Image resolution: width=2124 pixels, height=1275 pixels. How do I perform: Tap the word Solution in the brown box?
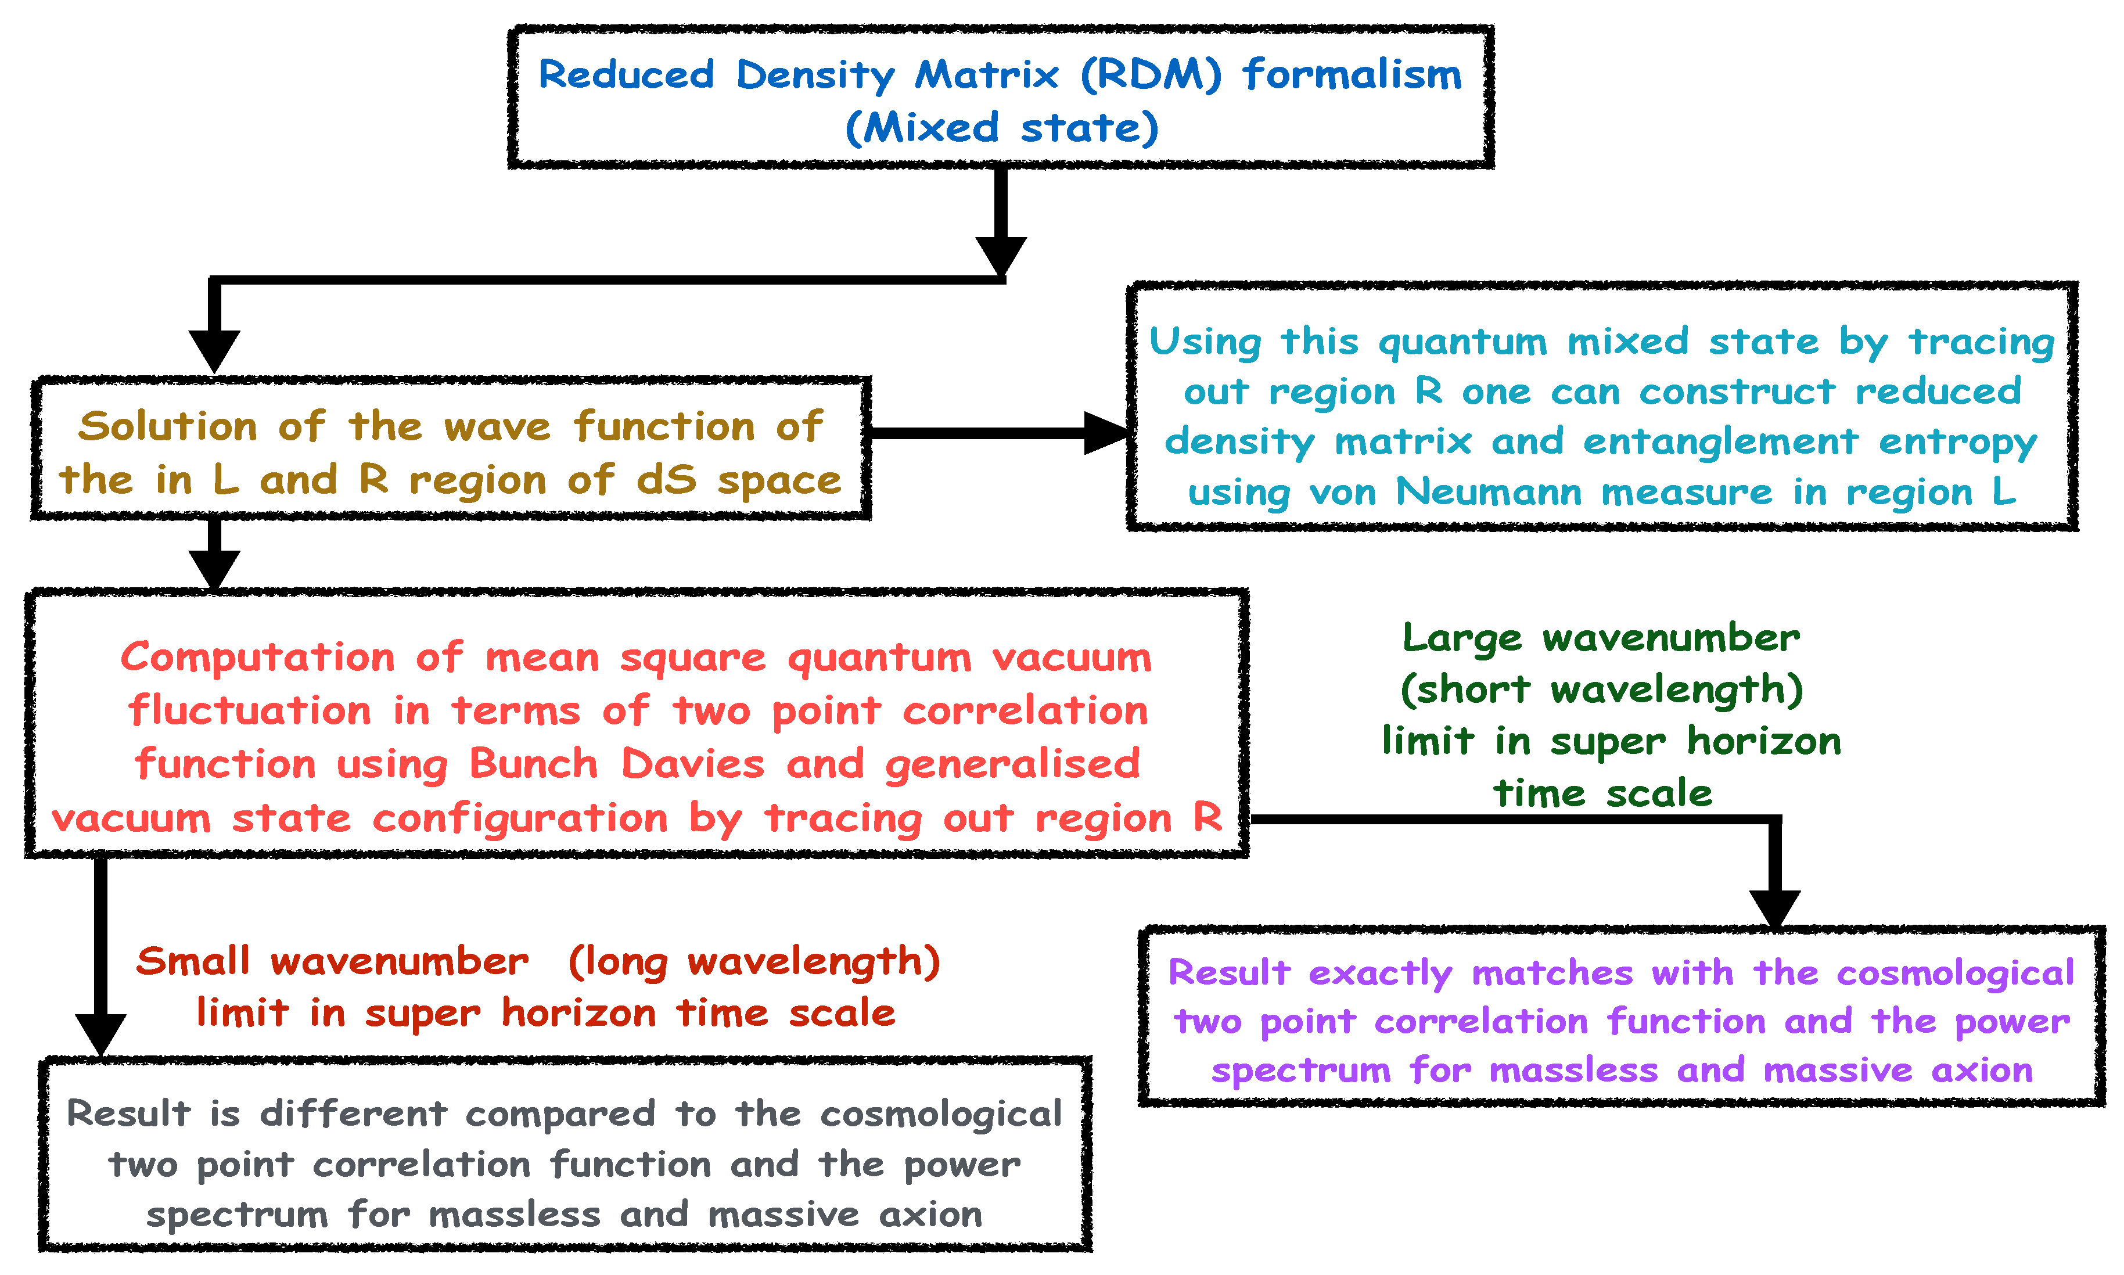point(167,426)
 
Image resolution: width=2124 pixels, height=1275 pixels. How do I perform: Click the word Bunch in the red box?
point(533,764)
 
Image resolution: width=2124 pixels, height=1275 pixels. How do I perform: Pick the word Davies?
point(692,764)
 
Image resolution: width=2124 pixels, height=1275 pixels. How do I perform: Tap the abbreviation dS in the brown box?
point(666,479)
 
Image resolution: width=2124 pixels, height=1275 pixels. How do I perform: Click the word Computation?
point(258,658)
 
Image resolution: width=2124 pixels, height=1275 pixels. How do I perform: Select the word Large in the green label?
point(1462,638)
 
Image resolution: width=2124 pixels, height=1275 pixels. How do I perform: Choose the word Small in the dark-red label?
point(193,961)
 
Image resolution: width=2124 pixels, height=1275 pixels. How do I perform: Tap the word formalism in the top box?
point(1352,75)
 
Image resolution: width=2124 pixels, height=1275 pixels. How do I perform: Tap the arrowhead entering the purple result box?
point(1774,909)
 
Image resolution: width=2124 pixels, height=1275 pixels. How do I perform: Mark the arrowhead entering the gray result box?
point(100,1033)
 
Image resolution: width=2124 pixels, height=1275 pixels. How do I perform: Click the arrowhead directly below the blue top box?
point(1001,255)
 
